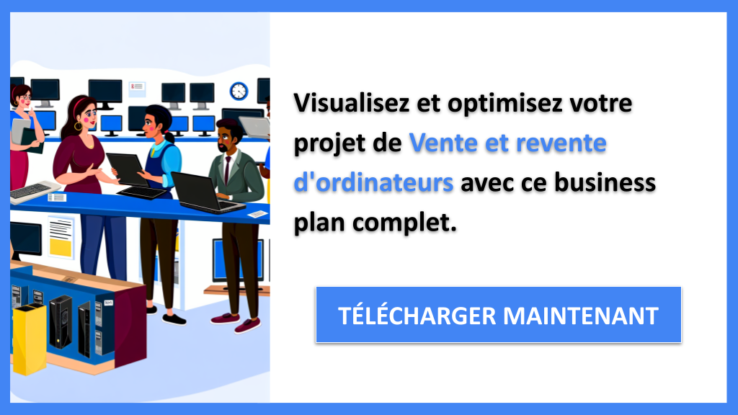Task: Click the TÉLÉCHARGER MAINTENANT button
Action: [498, 315]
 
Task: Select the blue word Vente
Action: [440, 143]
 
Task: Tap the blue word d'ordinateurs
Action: [373, 183]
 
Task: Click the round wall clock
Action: [239, 92]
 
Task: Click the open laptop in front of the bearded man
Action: [201, 192]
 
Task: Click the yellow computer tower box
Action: [30, 338]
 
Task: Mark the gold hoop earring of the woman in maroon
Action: [78, 126]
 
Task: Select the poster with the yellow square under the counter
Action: [61, 237]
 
